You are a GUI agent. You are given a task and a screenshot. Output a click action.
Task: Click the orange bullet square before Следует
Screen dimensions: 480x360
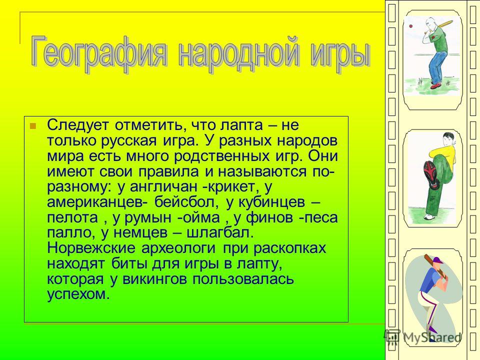pos(32,125)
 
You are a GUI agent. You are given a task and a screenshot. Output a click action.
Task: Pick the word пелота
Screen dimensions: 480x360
pos(72,217)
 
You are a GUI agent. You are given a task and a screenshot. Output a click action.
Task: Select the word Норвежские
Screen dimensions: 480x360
pos(91,248)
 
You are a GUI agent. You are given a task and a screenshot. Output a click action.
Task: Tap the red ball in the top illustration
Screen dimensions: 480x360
pos(411,26)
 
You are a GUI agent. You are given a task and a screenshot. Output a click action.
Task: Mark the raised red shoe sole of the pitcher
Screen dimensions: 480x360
pos(431,175)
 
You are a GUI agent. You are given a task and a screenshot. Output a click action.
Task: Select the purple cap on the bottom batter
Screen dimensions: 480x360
pos(438,260)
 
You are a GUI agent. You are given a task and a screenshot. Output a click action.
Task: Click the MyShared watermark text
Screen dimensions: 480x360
pos(431,337)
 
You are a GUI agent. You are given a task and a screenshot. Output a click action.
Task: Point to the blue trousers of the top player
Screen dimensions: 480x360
pos(434,66)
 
